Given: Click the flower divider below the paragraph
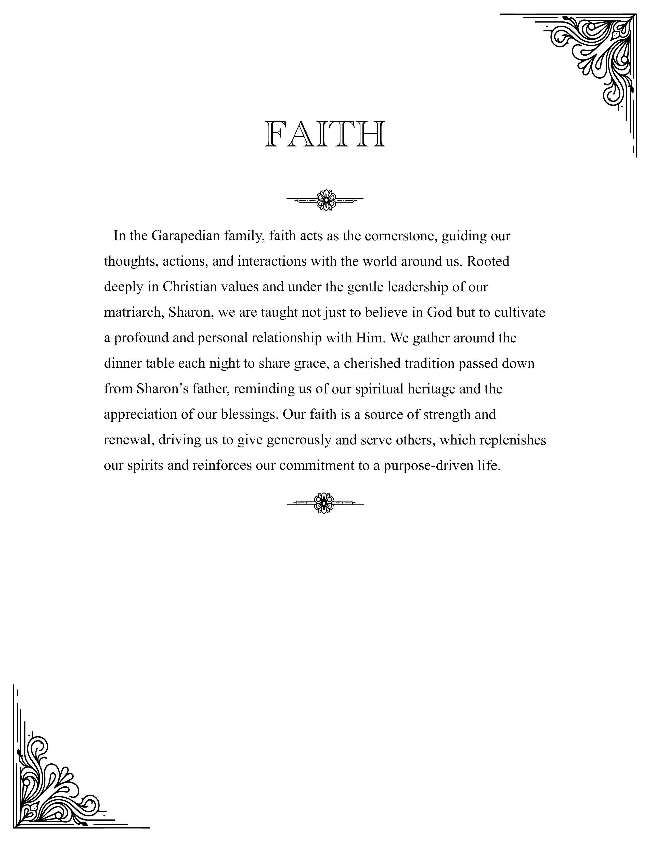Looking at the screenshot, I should tap(324, 503).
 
